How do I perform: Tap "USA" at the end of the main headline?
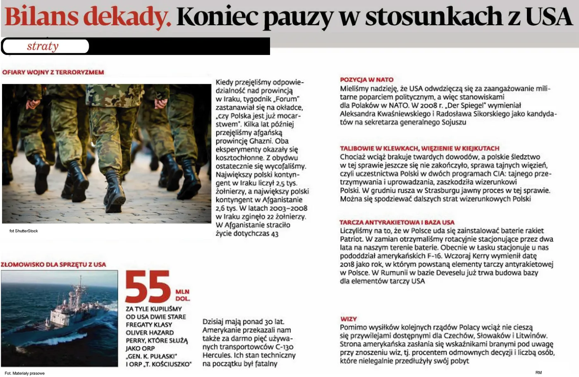click(x=548, y=17)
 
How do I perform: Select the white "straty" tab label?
click(x=43, y=46)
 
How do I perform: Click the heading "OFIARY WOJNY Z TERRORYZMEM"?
click(x=53, y=72)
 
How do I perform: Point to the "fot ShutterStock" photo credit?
click(x=24, y=231)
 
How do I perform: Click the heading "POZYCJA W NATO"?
click(x=366, y=80)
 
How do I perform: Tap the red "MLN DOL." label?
click(x=182, y=295)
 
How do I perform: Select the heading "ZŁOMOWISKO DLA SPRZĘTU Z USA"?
click(x=53, y=265)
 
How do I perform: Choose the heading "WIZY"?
click(x=349, y=319)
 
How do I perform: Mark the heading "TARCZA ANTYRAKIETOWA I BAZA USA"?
click(x=397, y=222)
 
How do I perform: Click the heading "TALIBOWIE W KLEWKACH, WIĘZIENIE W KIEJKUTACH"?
click(x=419, y=148)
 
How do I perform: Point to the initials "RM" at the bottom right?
click(x=538, y=372)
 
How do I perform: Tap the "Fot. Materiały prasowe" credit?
click(x=24, y=373)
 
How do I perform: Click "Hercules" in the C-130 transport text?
click(x=217, y=356)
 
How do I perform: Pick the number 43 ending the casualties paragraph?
click(x=274, y=234)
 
